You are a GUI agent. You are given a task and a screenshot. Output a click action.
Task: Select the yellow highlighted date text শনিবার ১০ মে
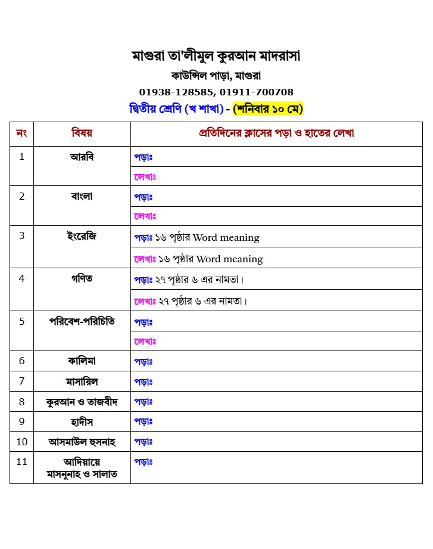(x=268, y=109)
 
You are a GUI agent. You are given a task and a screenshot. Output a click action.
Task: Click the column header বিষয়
(x=82, y=133)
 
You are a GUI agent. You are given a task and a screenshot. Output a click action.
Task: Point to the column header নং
(x=21, y=133)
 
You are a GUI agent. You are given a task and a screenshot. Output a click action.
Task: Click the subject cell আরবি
(x=82, y=157)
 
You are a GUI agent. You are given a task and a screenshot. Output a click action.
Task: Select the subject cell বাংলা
(x=82, y=196)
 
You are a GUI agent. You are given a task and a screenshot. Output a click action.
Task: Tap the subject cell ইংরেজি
(x=82, y=236)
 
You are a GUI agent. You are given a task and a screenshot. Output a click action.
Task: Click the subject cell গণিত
(x=82, y=278)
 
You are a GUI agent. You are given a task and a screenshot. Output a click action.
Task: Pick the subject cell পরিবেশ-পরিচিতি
(x=82, y=321)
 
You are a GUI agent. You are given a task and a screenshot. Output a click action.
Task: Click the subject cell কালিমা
(x=82, y=361)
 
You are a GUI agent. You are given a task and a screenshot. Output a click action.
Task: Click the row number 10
(x=21, y=442)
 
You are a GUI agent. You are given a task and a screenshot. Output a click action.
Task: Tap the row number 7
(x=21, y=381)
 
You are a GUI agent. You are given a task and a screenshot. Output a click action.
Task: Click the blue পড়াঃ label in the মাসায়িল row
(x=143, y=381)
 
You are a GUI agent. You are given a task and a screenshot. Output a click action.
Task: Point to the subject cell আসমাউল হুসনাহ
(x=82, y=442)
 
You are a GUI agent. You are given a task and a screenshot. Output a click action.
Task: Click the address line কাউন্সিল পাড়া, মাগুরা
(x=216, y=76)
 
